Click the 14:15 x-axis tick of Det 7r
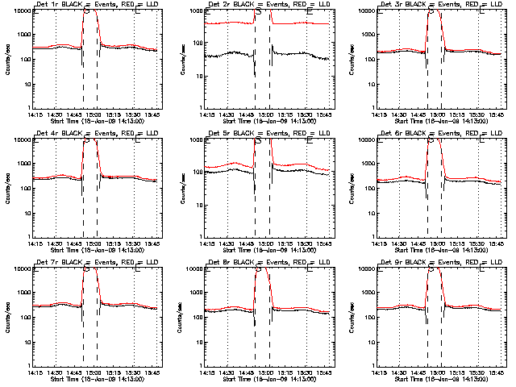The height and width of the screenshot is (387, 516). click(33, 372)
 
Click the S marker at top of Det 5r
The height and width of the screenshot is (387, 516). click(258, 140)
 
